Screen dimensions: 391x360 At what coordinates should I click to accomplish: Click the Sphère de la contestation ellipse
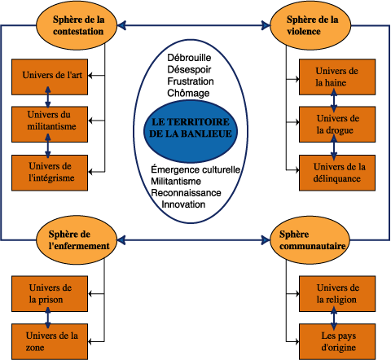(77, 25)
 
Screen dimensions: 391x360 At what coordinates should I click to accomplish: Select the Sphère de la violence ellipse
(310, 25)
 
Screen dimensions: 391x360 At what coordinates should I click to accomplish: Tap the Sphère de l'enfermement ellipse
(77, 240)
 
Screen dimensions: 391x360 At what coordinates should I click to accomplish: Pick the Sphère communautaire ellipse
(310, 240)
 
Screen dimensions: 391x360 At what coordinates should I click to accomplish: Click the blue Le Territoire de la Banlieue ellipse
(191, 131)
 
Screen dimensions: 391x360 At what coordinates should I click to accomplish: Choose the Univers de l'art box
(50, 77)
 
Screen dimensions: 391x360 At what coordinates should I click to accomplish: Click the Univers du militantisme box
(50, 125)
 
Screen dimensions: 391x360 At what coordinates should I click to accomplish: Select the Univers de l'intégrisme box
(50, 173)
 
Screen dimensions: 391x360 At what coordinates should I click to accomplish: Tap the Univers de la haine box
(337, 77)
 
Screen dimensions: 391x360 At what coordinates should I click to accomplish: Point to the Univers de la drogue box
(337, 125)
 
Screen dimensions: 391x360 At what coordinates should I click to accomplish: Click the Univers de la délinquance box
(337, 173)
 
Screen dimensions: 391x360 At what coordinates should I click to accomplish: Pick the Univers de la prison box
(50, 294)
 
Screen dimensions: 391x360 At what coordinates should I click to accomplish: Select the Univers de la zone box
(50, 341)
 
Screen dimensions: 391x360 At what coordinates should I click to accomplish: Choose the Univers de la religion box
(337, 294)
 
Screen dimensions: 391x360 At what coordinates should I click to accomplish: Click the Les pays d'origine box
(337, 341)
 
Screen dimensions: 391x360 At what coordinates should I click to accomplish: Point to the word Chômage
(188, 93)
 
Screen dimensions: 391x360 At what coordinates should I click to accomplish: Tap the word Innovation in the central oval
(183, 204)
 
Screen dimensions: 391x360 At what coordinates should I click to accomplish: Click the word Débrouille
(189, 58)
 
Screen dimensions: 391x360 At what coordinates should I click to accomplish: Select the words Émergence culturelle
(195, 169)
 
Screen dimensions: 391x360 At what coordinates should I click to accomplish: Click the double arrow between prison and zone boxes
(48, 318)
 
